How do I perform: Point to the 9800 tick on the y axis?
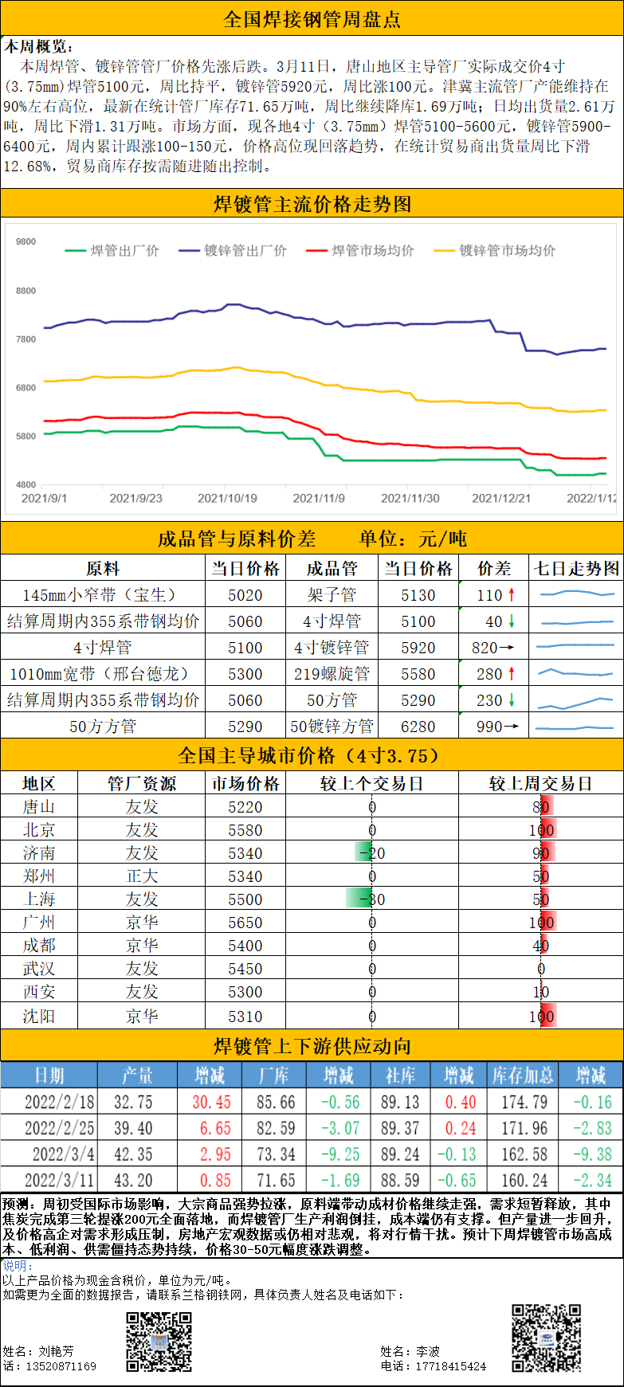tap(26, 241)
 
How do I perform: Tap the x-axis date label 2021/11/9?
tap(319, 498)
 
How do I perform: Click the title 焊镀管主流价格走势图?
tap(312, 205)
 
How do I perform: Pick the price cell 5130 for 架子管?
tap(418, 595)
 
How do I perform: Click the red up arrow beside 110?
tap(512, 594)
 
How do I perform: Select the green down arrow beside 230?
tap(512, 700)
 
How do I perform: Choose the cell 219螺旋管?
tap(332, 674)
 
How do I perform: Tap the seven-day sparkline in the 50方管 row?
tap(575, 700)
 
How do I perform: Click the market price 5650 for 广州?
tap(245, 923)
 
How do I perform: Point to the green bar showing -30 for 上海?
tap(360, 899)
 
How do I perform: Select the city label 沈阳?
tap(39, 1016)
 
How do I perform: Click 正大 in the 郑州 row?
tap(142, 876)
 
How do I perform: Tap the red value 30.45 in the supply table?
tap(211, 1102)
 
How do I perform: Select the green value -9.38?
tap(592, 1154)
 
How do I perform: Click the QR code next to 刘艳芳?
tap(159, 1342)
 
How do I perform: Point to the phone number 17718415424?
tap(450, 1366)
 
